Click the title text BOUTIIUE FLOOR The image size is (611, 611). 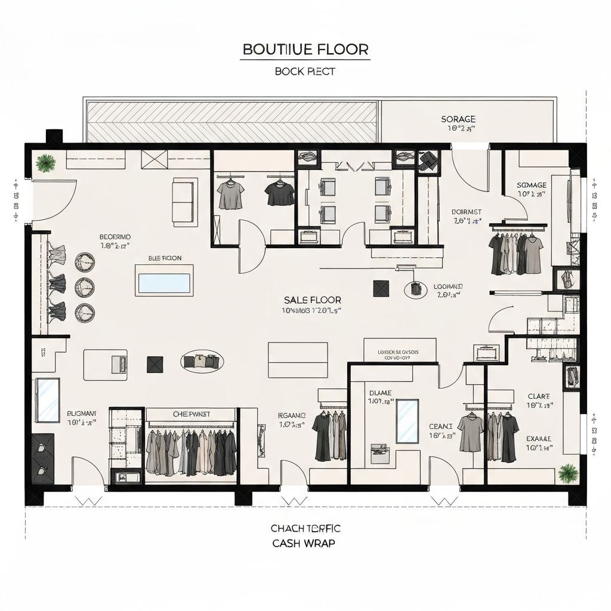pyautogui.click(x=305, y=49)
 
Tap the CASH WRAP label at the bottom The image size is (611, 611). pyautogui.click(x=303, y=543)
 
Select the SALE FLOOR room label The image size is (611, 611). pyautogui.click(x=304, y=300)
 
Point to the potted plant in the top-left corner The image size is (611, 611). pyautogui.click(x=45, y=162)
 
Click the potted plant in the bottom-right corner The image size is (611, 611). pyautogui.click(x=567, y=474)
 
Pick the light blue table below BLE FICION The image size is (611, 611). pyautogui.click(x=164, y=283)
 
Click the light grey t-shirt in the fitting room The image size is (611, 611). pyautogui.click(x=231, y=195)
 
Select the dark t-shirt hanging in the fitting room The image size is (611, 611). pyautogui.click(x=280, y=193)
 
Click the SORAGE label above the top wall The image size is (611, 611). pyautogui.click(x=458, y=119)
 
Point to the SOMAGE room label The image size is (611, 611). pyautogui.click(x=531, y=185)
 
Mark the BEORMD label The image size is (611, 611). pyautogui.click(x=115, y=237)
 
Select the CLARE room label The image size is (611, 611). pyautogui.click(x=539, y=396)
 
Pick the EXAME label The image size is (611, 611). pyautogui.click(x=539, y=439)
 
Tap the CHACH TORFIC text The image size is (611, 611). pyautogui.click(x=305, y=528)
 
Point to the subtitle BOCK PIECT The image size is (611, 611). pyautogui.click(x=305, y=71)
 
